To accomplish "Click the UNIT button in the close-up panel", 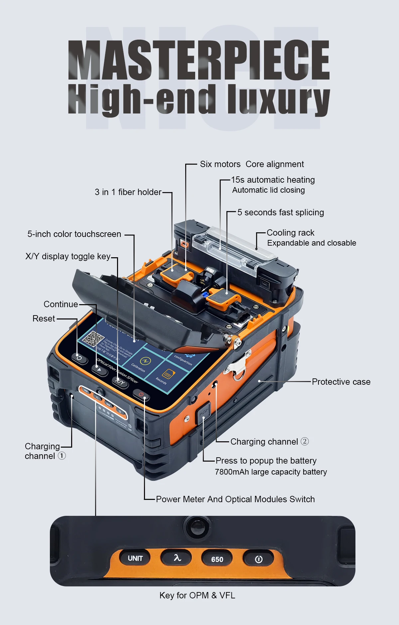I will (135, 558).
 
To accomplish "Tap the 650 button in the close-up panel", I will (217, 559).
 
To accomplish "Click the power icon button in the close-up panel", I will (258, 559).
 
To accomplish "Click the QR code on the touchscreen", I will (93, 339).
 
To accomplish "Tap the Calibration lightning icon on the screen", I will (145, 361).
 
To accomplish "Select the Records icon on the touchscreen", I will (168, 374).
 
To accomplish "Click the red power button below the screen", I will (141, 395).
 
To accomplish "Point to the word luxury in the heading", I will (279, 99).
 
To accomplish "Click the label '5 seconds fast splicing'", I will (281, 212).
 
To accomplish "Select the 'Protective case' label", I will (341, 382).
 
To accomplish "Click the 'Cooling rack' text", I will (290, 233).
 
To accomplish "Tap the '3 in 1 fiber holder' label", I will (128, 192).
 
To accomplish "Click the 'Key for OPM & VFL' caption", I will (197, 595).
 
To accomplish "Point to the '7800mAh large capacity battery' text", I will (271, 472).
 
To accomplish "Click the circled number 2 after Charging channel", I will (305, 441).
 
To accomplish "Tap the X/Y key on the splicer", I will (120, 382).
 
